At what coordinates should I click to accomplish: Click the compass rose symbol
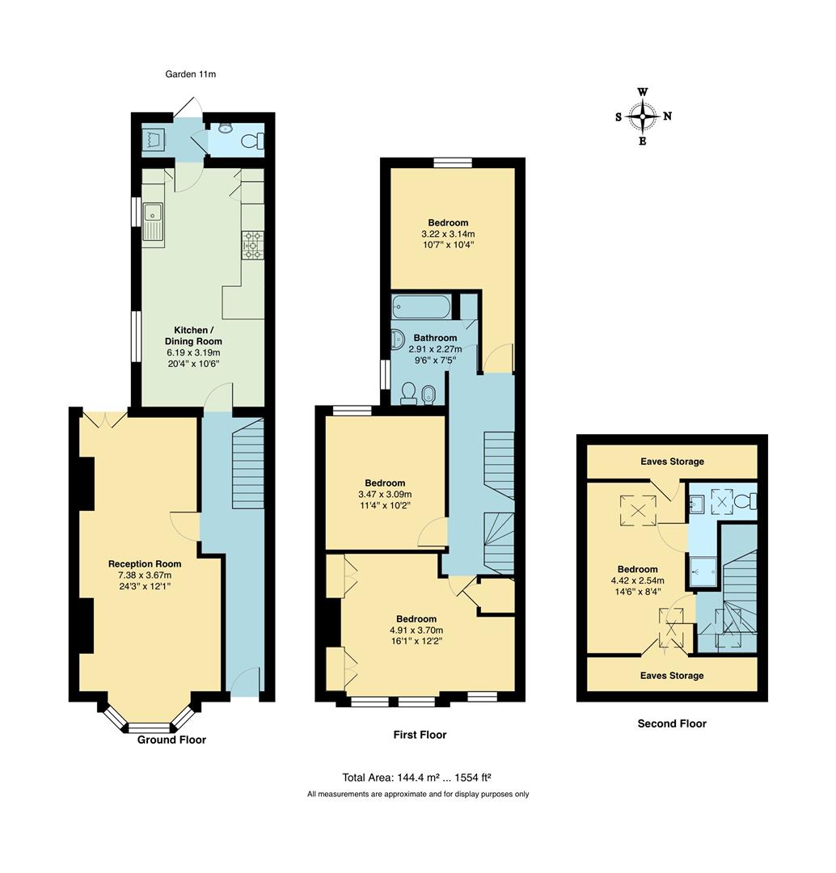tap(643, 116)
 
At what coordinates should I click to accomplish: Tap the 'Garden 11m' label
tap(191, 74)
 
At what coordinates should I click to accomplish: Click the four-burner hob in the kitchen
tap(252, 245)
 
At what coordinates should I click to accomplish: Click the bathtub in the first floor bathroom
tap(420, 307)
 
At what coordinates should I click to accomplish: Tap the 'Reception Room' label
tap(145, 563)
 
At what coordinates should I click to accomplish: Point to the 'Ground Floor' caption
tap(171, 740)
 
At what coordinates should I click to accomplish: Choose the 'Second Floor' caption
tap(672, 723)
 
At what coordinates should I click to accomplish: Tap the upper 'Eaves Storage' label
tap(672, 462)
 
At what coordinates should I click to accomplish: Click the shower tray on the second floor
tap(703, 572)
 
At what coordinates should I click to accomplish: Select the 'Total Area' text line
tap(417, 778)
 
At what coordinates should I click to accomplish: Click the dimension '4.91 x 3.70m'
tap(416, 630)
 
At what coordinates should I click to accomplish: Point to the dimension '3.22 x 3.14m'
tap(447, 234)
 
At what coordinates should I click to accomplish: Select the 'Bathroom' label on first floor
tap(435, 338)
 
